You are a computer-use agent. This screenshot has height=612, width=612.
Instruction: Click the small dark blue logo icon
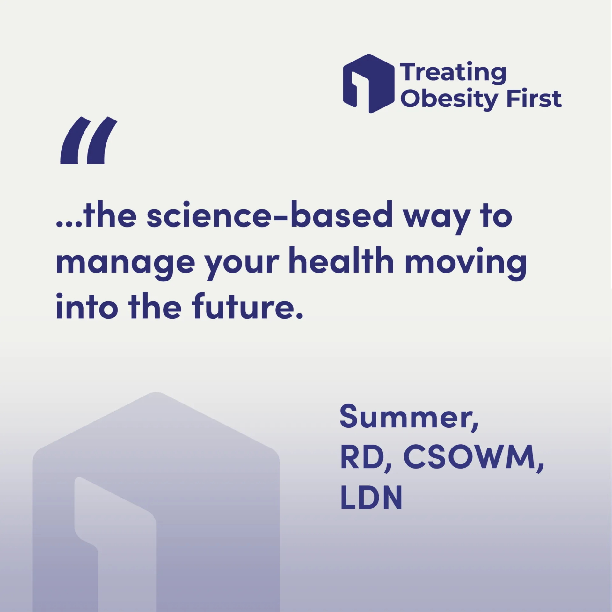click(x=368, y=84)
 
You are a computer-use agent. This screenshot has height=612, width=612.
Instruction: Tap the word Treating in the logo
click(x=453, y=73)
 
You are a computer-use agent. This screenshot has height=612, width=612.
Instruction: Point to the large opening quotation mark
click(x=89, y=140)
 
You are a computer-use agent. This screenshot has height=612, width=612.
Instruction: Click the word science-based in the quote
click(x=270, y=214)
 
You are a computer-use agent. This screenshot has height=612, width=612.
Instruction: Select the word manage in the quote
click(x=125, y=263)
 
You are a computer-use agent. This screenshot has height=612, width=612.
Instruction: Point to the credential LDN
click(x=371, y=498)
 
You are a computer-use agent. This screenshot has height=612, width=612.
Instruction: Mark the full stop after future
click(x=299, y=316)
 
